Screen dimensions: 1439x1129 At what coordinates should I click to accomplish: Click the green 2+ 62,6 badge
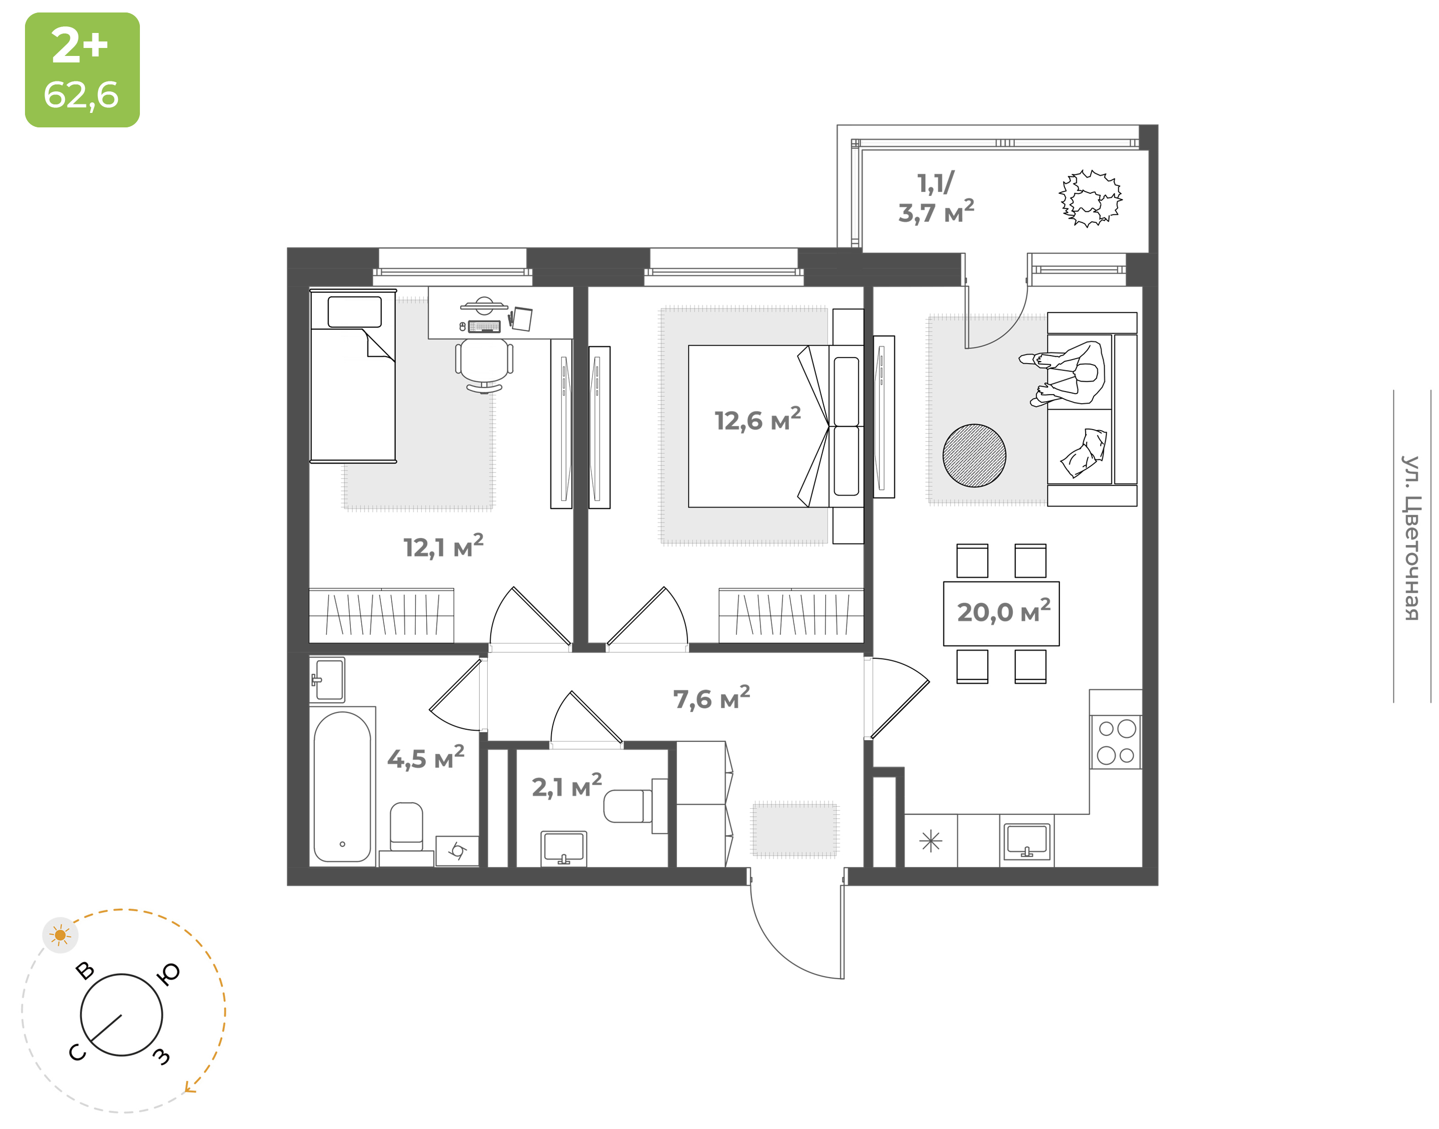coord(82,69)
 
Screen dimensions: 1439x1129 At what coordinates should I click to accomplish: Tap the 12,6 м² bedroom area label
coord(757,419)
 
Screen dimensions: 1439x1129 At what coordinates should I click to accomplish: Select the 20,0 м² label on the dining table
coord(1003,611)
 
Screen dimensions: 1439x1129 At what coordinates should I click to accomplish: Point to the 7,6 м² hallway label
coord(711,698)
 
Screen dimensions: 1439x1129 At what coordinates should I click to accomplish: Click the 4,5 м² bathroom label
coord(426,757)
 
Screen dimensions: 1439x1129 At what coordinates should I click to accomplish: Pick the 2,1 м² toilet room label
coord(567,786)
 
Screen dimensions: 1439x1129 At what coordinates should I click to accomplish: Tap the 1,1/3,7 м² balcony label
coord(935,198)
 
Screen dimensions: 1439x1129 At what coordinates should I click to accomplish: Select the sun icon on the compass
coord(60,935)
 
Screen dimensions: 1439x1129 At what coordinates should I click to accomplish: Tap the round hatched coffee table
coord(974,456)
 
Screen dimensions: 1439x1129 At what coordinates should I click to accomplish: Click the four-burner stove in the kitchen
coord(1116,742)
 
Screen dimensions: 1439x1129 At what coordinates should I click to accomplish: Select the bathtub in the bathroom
coord(342,787)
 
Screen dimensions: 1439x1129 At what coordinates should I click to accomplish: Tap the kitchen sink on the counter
coord(1026,841)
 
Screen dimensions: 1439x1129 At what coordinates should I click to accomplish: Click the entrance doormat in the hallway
coord(794,830)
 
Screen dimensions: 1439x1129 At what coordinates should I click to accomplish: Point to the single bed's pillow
coord(354,311)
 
